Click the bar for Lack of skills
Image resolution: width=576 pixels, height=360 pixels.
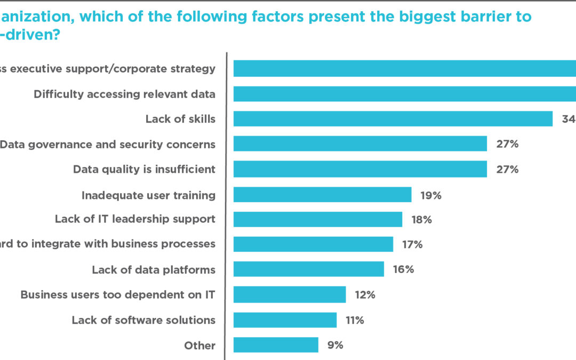click(393, 119)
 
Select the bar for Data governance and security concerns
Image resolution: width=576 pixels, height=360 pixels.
click(360, 144)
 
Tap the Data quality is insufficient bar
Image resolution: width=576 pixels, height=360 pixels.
click(360, 169)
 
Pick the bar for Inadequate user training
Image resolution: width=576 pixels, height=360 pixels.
click(323, 195)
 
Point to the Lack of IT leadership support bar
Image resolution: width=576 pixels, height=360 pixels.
click(318, 219)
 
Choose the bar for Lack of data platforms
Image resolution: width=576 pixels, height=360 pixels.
click(309, 269)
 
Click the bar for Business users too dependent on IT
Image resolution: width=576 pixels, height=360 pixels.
click(290, 294)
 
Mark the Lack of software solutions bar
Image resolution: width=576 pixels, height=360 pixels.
click(285, 320)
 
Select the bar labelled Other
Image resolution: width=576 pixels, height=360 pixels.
click(276, 345)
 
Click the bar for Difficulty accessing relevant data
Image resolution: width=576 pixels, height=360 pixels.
click(405, 94)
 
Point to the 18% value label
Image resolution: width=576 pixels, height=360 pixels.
click(421, 220)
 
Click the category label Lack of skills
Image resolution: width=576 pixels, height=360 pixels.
click(180, 119)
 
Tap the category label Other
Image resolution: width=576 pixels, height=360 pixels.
click(200, 346)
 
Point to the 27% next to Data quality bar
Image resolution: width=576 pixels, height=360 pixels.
click(506, 169)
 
